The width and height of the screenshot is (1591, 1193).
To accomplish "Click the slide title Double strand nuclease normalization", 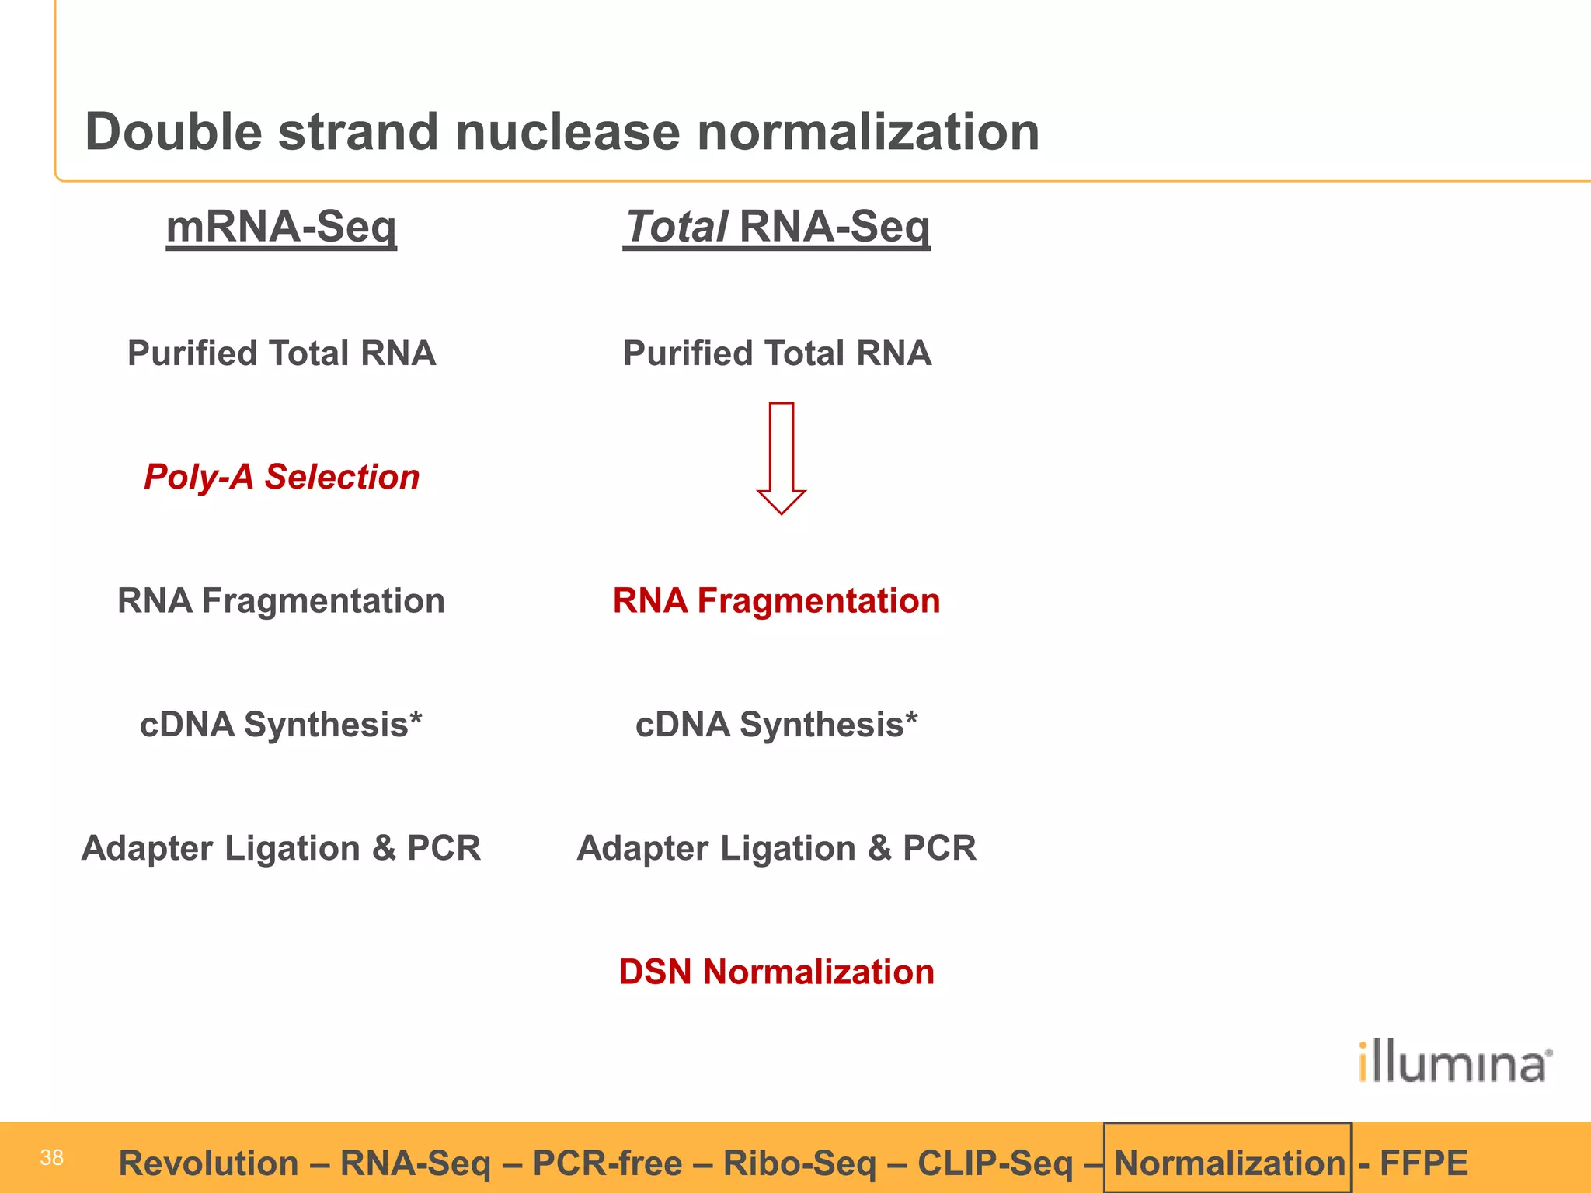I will (x=562, y=131).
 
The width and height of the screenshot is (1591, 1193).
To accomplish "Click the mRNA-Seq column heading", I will (x=281, y=227).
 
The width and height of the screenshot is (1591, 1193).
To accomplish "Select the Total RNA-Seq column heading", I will (x=776, y=227).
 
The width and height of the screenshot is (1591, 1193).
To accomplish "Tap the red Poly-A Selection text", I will (x=281, y=476).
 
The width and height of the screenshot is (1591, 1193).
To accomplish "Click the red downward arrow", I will (x=781, y=458).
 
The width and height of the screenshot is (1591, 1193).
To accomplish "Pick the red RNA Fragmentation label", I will (x=776, y=600).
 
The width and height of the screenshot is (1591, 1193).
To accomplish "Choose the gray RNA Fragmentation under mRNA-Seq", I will (x=281, y=600).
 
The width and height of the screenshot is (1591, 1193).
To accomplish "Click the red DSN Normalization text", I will (x=776, y=972).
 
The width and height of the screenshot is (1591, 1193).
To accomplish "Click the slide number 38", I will (x=51, y=1157).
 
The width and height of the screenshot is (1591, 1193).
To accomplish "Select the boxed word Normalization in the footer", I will (x=1229, y=1163).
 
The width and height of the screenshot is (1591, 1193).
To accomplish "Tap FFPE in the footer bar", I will (x=1423, y=1163).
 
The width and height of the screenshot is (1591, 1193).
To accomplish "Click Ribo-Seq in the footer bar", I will (x=799, y=1163).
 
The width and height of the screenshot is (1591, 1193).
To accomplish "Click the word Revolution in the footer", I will (x=208, y=1163).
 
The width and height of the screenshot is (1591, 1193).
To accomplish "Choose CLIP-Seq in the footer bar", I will (x=994, y=1163).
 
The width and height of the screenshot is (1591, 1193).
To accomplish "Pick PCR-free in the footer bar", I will (x=608, y=1163).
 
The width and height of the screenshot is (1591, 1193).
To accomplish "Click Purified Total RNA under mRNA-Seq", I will (x=281, y=353).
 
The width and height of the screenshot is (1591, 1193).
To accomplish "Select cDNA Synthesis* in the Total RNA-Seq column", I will (x=776, y=725).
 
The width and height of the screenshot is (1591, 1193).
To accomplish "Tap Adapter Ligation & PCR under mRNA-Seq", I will (x=281, y=848).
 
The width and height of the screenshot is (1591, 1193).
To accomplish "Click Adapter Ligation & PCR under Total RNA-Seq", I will (x=776, y=848).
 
